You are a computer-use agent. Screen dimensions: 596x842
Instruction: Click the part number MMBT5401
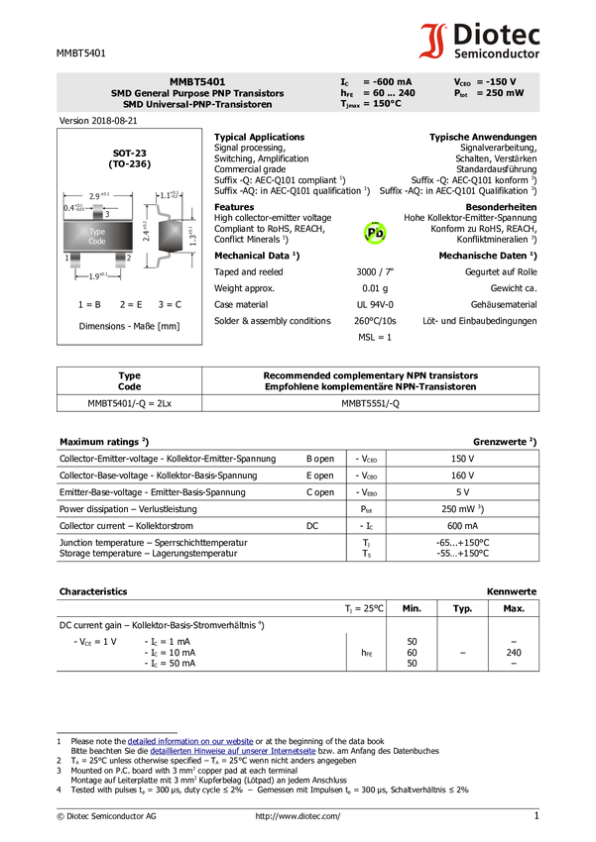(x=196, y=81)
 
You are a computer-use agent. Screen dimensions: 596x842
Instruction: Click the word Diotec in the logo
(x=496, y=36)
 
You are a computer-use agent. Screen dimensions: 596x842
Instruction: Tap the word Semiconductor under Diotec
(x=497, y=54)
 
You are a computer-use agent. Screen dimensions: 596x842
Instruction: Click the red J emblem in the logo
(x=432, y=42)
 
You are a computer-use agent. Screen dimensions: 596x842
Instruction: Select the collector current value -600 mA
(x=387, y=81)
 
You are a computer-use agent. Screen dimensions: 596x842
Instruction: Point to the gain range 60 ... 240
(x=389, y=92)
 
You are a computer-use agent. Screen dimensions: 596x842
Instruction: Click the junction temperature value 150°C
(x=382, y=103)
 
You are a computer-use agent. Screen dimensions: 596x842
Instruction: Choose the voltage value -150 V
(x=496, y=81)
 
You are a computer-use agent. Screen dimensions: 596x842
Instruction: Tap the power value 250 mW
(x=500, y=92)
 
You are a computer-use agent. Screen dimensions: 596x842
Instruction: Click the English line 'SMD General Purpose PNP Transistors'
(x=196, y=93)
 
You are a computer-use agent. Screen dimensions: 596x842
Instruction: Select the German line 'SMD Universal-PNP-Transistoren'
(x=196, y=104)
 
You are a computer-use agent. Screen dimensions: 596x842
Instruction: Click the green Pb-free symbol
(x=375, y=233)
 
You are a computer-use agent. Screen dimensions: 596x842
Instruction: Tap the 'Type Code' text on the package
(x=97, y=236)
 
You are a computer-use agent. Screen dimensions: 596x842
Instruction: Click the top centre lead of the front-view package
(x=97, y=210)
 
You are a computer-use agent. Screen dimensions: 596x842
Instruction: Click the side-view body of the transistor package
(x=170, y=235)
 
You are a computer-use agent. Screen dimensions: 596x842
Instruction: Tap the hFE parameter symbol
(x=346, y=92)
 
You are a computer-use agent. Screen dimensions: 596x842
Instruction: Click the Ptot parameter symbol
(x=461, y=93)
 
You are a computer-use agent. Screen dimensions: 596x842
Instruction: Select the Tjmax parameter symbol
(x=349, y=103)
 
